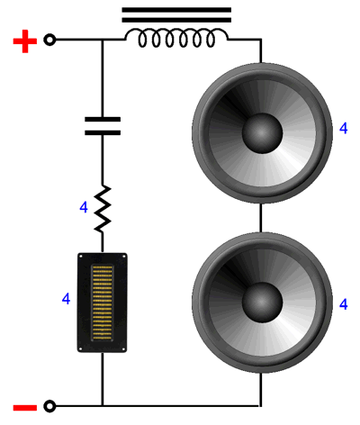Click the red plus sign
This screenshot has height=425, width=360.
(x=25, y=41)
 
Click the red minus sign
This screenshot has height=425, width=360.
(x=25, y=408)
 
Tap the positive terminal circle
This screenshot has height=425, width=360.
(x=49, y=40)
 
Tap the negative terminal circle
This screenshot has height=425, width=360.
(x=49, y=406)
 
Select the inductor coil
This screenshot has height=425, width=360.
(x=176, y=38)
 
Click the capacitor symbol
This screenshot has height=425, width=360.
(x=103, y=126)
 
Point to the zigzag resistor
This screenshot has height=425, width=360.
(x=103, y=209)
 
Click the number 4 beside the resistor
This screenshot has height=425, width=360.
(x=84, y=207)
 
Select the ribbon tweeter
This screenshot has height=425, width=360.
(x=103, y=303)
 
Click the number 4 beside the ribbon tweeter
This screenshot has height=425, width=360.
(x=66, y=299)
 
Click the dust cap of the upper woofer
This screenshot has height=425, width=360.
(x=262, y=133)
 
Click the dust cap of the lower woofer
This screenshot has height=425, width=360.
(x=262, y=303)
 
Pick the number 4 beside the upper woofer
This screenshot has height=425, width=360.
(x=343, y=128)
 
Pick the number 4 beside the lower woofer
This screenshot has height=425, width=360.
(x=343, y=304)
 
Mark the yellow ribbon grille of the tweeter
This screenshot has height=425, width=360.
(x=103, y=303)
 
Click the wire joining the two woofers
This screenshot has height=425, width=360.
(x=261, y=218)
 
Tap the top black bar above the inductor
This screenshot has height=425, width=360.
(x=176, y=10)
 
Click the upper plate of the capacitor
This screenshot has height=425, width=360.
(x=103, y=119)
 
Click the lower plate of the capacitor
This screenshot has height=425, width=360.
(x=103, y=133)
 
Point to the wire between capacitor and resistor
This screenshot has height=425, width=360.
(x=103, y=160)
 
